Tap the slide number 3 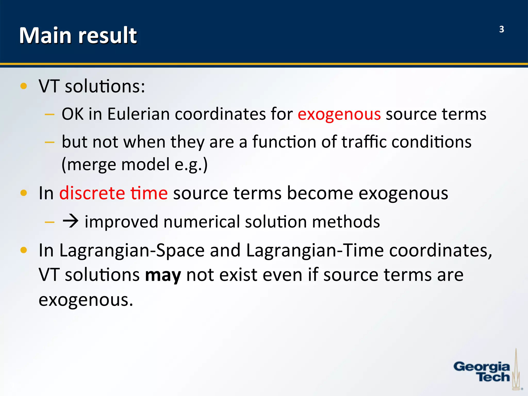(x=501, y=29)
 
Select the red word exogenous (x=339, y=114)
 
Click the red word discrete (x=92, y=193)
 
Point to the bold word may (x=163, y=275)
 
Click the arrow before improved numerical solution (x=70, y=221)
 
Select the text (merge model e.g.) (x=134, y=165)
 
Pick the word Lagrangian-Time (x=315, y=250)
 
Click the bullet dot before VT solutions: (x=23, y=86)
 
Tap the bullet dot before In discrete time (x=23, y=193)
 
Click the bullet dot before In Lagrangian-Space (x=23, y=250)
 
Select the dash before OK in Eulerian (x=49, y=114)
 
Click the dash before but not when (x=49, y=142)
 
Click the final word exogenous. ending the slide (x=86, y=300)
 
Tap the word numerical (x=201, y=221)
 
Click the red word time (x=149, y=193)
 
